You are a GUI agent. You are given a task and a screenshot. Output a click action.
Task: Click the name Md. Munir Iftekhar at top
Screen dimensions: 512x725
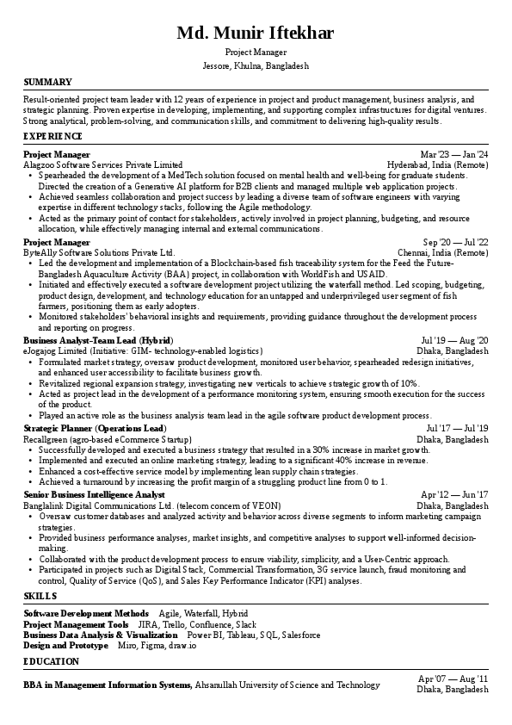[x=256, y=34]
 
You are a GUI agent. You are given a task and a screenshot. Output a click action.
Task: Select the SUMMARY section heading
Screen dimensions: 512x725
[x=47, y=82]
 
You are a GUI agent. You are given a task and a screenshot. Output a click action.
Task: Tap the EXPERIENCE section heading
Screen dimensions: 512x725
[x=52, y=136]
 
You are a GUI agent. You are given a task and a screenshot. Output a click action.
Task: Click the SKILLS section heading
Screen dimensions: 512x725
[x=40, y=595]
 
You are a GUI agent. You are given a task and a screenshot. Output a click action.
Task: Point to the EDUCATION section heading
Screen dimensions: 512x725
[x=51, y=661]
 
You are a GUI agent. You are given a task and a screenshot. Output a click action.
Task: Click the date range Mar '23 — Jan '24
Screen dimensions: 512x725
[x=454, y=154]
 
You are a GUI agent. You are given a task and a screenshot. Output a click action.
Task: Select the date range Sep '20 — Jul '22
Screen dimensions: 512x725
[x=455, y=243]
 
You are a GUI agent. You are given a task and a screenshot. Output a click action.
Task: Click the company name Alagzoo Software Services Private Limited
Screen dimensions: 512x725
[x=103, y=164]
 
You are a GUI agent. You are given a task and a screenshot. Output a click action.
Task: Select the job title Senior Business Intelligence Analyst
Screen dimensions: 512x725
[x=94, y=495]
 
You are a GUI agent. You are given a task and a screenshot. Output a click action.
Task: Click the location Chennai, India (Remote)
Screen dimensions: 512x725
[x=441, y=252]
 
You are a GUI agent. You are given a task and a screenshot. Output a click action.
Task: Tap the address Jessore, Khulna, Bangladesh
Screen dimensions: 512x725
[x=256, y=65]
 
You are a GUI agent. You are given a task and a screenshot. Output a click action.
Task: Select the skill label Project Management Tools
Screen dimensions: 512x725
[x=76, y=623]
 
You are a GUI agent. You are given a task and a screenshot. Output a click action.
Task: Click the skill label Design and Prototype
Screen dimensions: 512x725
[x=65, y=644]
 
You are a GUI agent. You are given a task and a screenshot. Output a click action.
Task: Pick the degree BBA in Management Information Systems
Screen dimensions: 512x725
[x=108, y=685]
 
